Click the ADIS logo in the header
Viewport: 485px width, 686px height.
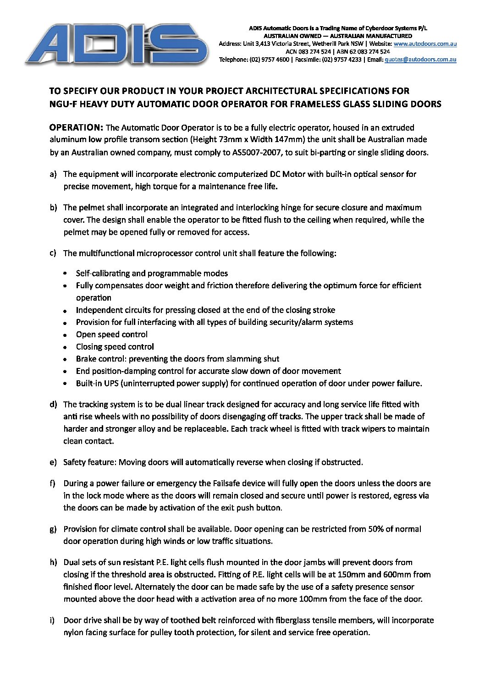(x=117, y=45)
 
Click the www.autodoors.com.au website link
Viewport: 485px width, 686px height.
(x=425, y=44)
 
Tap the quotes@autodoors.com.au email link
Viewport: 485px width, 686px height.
(x=420, y=60)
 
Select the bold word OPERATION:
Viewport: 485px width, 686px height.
(x=76, y=127)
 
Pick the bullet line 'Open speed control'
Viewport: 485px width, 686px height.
(x=112, y=335)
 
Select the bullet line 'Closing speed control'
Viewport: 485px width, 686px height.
(x=115, y=347)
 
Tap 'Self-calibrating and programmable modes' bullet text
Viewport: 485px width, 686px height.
(x=152, y=274)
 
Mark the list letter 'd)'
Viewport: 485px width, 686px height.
(x=53, y=404)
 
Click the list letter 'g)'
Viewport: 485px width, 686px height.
(x=53, y=529)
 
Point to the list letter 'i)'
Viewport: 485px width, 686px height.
(x=52, y=620)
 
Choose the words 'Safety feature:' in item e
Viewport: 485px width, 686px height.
(x=90, y=462)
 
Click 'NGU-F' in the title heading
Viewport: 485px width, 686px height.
(x=62, y=104)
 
